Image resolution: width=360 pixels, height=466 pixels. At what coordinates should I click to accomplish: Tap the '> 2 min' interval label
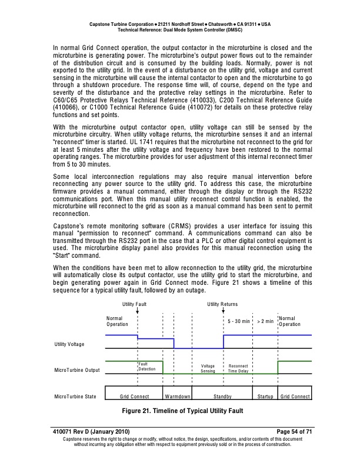[x=265, y=322]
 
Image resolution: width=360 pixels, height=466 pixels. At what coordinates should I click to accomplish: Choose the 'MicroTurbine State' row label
[x=75, y=397]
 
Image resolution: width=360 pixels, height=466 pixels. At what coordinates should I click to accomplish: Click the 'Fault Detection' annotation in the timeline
[x=147, y=367]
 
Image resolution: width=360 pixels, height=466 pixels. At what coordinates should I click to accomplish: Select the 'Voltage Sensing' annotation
[x=208, y=369]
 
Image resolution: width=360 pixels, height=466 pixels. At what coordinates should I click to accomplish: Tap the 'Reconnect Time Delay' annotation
[x=238, y=369]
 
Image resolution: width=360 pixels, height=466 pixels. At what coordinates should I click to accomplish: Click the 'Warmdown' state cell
[x=177, y=397]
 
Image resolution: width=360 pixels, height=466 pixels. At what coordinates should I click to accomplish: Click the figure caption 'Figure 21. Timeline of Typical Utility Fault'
[x=180, y=410]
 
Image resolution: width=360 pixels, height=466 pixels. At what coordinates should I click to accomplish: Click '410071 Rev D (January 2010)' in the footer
[x=92, y=432]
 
